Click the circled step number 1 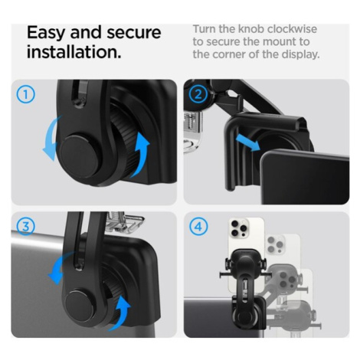[x=25, y=95]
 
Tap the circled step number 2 [x=198, y=95]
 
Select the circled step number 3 [x=25, y=227]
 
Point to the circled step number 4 [x=198, y=227]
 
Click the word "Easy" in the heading [x=46, y=33]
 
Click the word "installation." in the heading [x=74, y=52]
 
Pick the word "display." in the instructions [x=301, y=54]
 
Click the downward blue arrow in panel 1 [x=51, y=139]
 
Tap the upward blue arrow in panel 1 [x=141, y=154]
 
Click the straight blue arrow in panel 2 [x=247, y=143]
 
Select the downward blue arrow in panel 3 [x=59, y=268]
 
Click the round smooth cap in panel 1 [x=80, y=156]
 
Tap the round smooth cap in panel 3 [x=79, y=304]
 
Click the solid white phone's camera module [x=239, y=228]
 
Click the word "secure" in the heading [x=133, y=33]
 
